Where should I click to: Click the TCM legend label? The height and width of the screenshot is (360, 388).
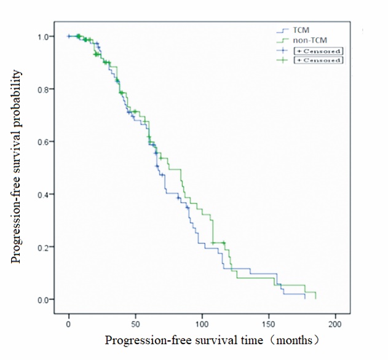point(301,29)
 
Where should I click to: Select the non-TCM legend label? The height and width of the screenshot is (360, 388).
point(306,40)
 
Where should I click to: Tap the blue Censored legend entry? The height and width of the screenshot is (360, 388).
point(318,50)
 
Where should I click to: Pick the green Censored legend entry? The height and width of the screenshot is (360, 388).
point(318,60)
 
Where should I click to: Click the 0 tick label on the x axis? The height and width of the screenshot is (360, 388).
point(69,323)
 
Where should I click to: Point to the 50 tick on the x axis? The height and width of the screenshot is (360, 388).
point(135,323)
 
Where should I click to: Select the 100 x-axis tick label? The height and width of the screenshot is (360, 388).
point(202,323)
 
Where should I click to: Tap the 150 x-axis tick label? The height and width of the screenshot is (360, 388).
point(269,323)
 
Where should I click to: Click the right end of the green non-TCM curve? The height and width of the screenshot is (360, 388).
point(315,299)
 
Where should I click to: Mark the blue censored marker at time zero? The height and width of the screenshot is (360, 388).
point(69,36)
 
